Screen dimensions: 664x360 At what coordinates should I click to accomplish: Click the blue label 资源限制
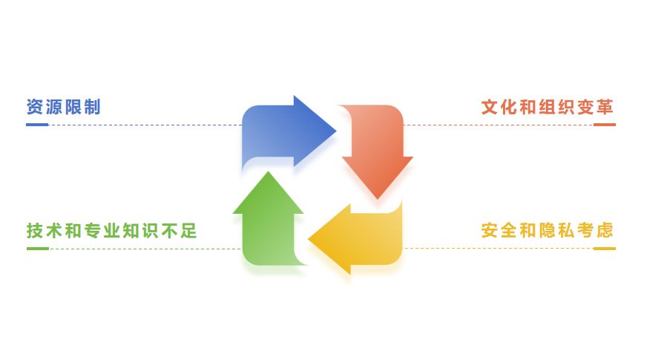[63, 107]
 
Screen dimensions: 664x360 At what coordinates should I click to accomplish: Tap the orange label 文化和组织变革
[548, 107]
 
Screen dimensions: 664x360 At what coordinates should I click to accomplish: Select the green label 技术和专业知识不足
[112, 230]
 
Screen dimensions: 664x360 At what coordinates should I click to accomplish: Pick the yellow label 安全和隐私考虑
[548, 230]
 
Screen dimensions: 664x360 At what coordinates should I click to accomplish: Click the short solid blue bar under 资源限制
[37, 125]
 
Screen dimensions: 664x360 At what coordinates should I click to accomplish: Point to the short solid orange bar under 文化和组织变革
[604, 125]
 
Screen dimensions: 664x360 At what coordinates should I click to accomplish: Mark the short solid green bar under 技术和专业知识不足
[37, 248]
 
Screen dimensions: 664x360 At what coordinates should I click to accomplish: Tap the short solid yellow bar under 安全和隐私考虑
[604, 248]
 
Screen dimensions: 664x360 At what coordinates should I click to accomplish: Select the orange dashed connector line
[497, 125]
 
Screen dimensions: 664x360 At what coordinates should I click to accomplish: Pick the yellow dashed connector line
[497, 248]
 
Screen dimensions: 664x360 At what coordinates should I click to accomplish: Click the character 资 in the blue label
[34, 107]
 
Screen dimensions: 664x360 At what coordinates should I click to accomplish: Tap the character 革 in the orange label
[605, 107]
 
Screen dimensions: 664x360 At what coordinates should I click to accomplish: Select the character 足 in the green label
[189, 230]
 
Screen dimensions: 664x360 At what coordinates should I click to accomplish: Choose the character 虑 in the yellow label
[605, 230]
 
